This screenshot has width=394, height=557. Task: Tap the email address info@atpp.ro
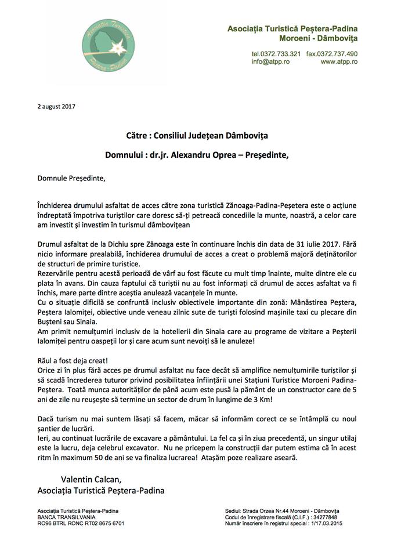266,62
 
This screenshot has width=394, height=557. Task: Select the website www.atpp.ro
339,62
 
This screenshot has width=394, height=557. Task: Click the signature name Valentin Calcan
88,479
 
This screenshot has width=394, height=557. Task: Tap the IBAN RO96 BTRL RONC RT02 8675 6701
80,523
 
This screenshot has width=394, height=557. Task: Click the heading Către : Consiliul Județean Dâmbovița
197,135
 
